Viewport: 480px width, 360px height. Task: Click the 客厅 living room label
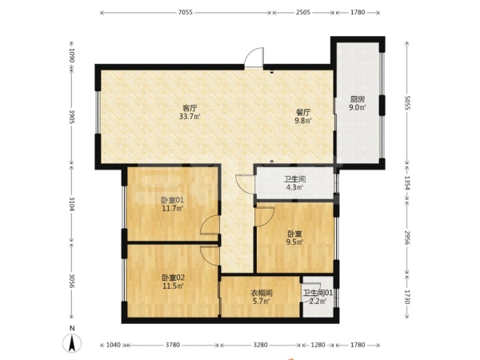pos(190,108)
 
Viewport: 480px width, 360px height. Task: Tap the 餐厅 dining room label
pos(303,112)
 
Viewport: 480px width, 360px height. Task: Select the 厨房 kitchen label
pos(358,99)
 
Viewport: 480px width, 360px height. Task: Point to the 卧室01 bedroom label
pos(172,201)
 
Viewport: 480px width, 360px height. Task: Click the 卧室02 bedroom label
pos(173,278)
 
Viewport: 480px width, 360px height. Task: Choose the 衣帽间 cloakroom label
pos(262,293)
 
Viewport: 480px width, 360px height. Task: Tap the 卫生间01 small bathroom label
pos(318,293)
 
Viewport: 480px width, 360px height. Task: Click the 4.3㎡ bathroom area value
pos(294,187)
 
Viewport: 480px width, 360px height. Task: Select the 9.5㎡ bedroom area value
pos(294,242)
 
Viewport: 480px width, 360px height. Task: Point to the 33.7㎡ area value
pos(190,116)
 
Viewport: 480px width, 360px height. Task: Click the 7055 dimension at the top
pos(186,12)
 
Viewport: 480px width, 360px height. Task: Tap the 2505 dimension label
pos(303,12)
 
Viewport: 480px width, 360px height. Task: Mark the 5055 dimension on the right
pos(407,102)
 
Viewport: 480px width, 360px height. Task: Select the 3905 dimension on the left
pos(72,117)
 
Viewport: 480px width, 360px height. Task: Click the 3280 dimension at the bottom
pos(260,345)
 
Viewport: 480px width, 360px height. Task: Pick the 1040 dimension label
pos(113,345)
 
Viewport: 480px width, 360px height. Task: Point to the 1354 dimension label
pos(407,183)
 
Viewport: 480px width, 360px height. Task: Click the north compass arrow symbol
pos(72,343)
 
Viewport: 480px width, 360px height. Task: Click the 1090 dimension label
pos(72,55)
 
